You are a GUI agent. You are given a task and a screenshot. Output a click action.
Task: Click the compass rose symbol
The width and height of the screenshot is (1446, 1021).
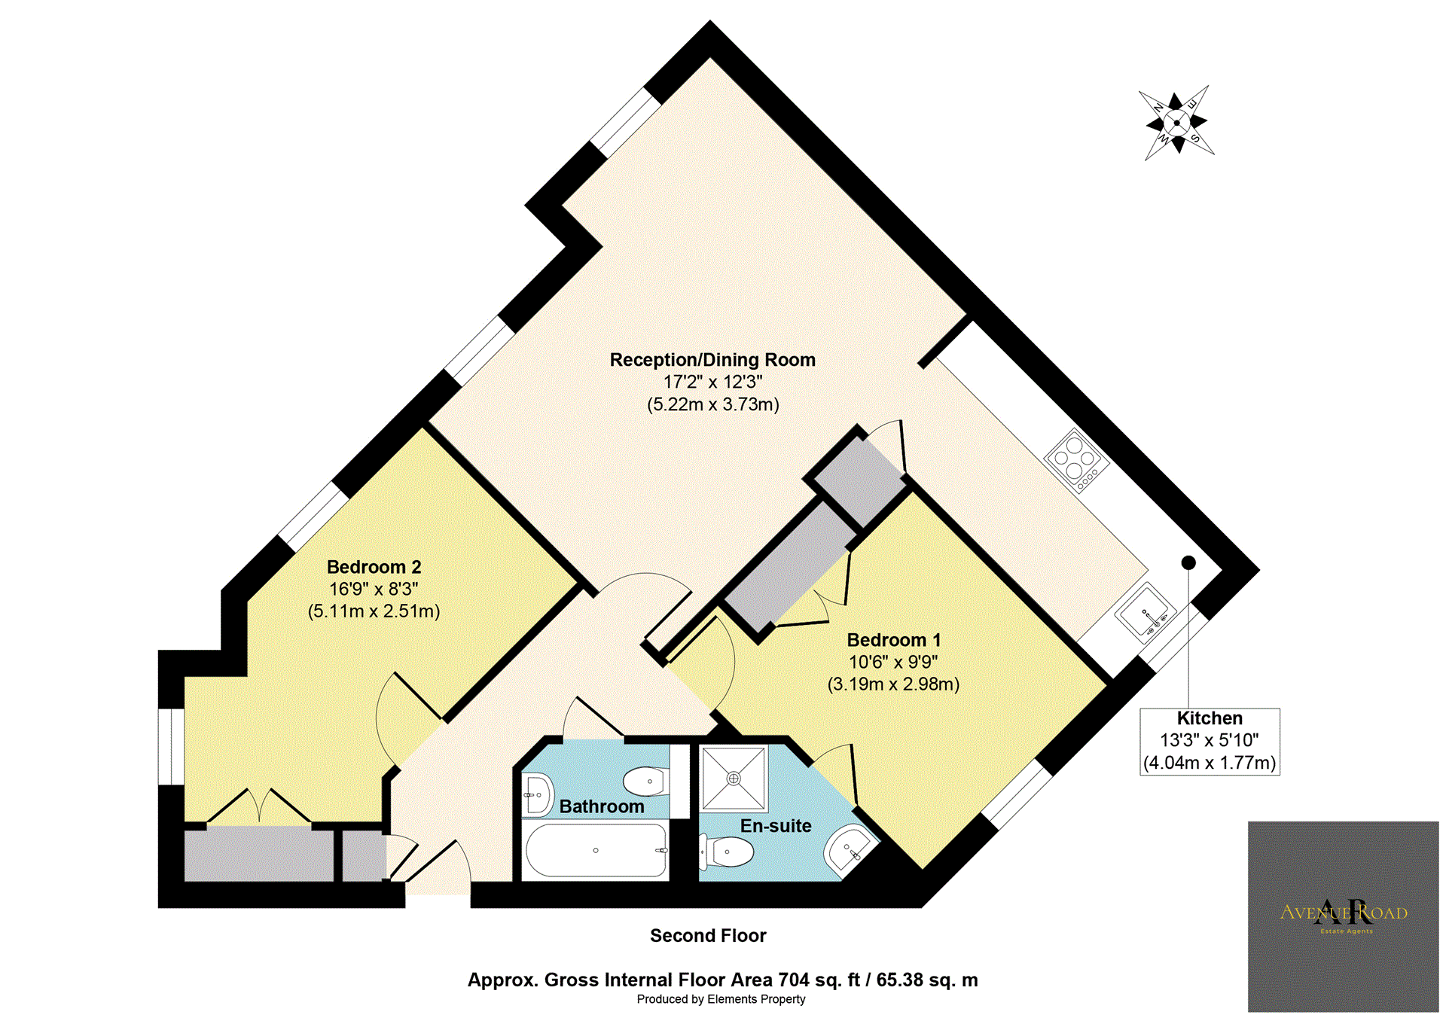(x=1177, y=122)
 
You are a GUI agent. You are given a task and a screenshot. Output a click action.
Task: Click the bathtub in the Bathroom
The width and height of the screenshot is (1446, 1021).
(x=596, y=850)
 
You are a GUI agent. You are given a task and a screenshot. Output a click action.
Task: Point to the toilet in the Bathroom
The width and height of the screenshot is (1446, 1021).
(x=646, y=782)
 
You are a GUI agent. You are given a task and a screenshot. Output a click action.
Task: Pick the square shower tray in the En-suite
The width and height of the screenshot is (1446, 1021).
(x=734, y=778)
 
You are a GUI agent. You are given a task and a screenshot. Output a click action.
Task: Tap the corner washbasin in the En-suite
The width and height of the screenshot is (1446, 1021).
(x=850, y=849)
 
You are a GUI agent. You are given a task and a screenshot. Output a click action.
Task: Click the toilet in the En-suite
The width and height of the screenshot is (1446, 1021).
(x=727, y=852)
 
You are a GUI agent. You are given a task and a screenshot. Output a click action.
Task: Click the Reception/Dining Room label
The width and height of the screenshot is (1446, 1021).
(x=712, y=360)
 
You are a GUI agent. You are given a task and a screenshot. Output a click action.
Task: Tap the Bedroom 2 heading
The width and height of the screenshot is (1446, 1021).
(x=374, y=567)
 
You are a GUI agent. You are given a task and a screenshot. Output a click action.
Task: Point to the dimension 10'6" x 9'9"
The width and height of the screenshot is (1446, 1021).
(x=893, y=662)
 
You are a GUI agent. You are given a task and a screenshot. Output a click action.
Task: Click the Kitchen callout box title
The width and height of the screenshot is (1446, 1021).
(x=1210, y=718)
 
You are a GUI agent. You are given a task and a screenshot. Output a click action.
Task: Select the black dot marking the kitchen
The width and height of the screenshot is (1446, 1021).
(x=1188, y=562)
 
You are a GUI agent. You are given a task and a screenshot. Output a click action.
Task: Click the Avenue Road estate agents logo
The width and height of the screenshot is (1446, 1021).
(x=1344, y=916)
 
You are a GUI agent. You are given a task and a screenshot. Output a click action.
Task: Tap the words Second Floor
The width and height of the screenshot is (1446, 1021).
(x=708, y=936)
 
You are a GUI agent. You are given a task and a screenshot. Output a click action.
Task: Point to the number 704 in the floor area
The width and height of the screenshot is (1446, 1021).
(x=794, y=980)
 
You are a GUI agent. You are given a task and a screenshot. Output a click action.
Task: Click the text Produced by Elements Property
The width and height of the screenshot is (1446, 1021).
(x=721, y=999)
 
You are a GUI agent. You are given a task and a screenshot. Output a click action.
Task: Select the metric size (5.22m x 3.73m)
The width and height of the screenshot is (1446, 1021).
(x=712, y=404)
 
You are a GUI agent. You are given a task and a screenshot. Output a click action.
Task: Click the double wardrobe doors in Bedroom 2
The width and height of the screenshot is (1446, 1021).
(x=259, y=806)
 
